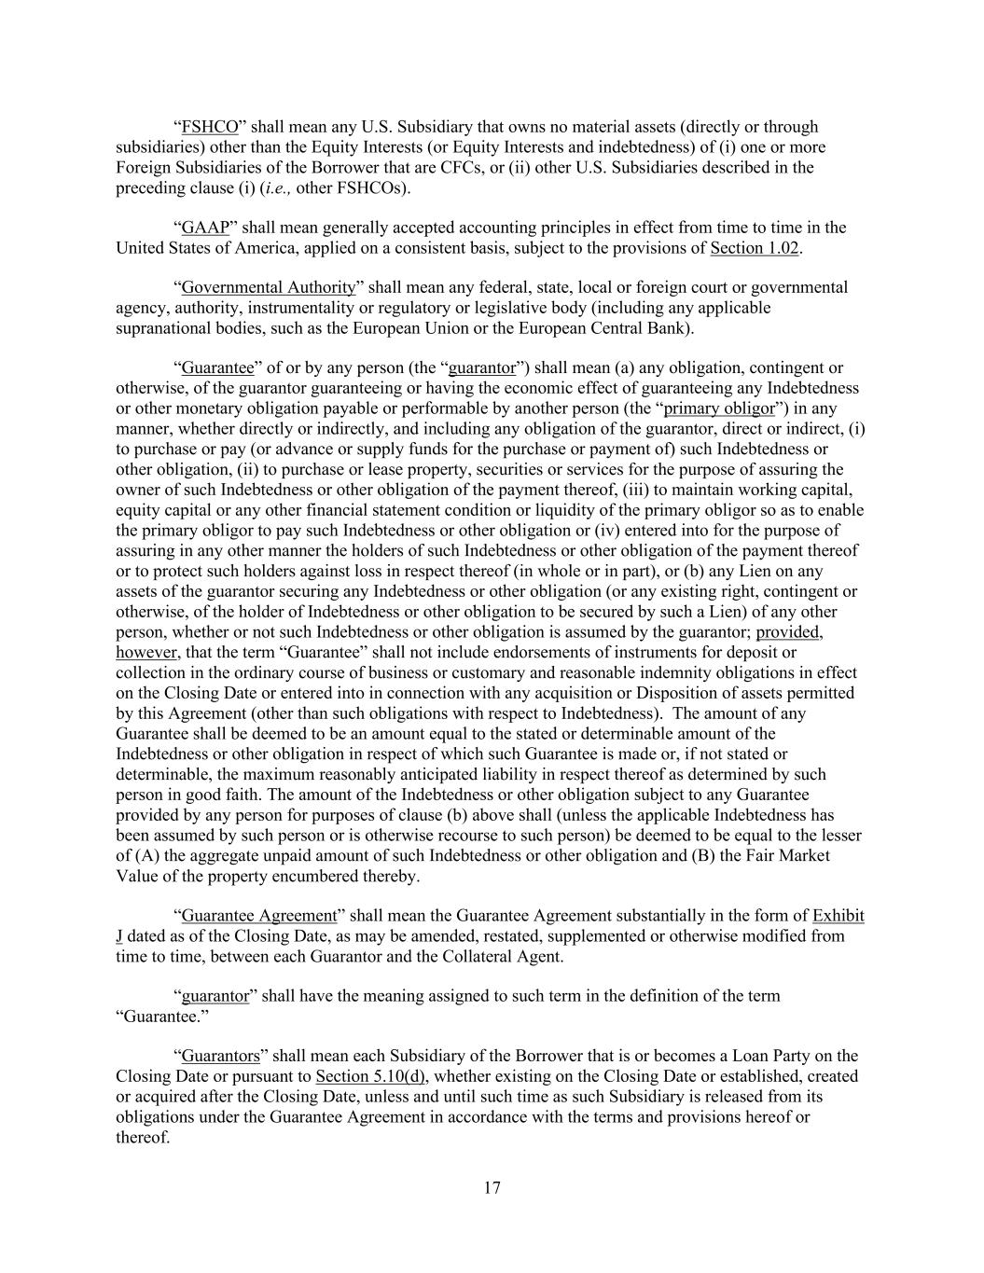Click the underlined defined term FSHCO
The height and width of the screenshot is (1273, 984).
[x=210, y=127]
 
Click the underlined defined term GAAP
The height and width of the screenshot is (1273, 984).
[x=205, y=228]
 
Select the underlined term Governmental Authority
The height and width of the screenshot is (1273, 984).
[x=268, y=287]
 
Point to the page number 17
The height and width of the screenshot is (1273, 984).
[x=492, y=1188]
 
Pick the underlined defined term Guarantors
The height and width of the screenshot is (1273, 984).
[x=220, y=1056]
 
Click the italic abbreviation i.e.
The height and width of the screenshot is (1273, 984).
[x=279, y=187]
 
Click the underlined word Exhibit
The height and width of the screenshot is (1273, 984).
[x=838, y=916]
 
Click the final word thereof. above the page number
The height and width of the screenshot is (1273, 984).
[x=143, y=1137]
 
